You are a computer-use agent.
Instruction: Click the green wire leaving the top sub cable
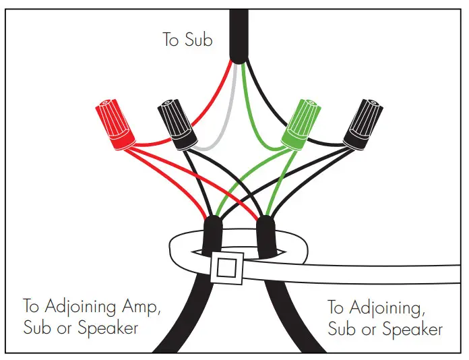(253, 101)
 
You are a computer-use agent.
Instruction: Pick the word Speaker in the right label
(413, 330)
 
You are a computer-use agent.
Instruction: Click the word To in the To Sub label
(171, 40)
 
